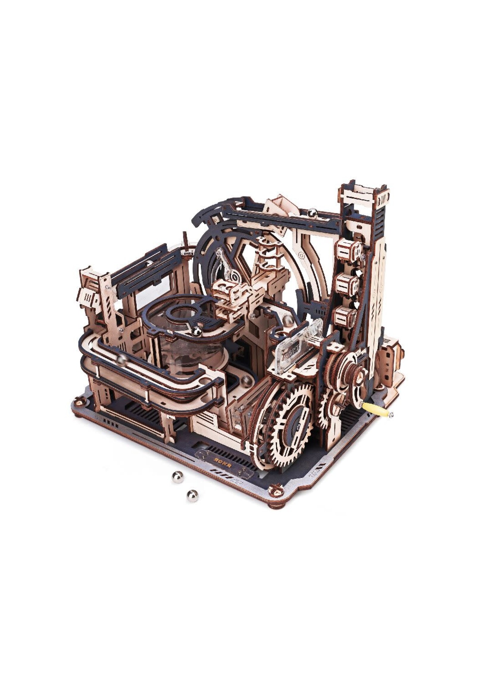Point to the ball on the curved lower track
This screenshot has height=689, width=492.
[122, 360]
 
